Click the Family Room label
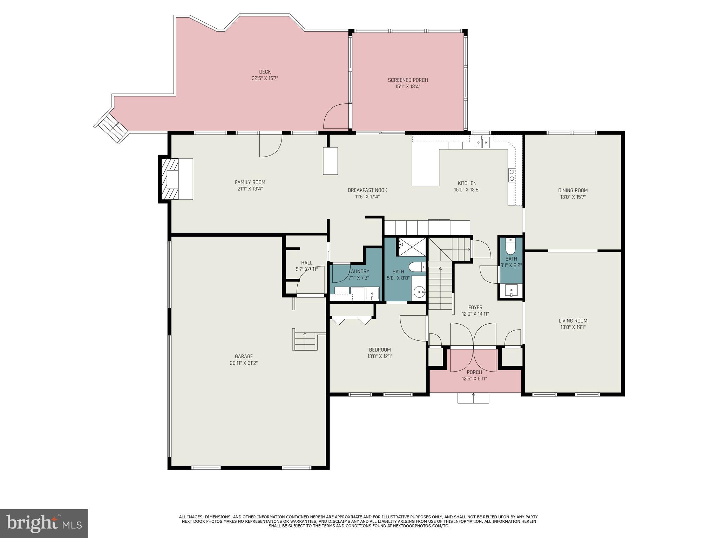coord(250,182)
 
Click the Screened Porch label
coord(408,80)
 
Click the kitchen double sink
coord(482,143)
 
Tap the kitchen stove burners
coord(512,175)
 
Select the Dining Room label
coord(573,191)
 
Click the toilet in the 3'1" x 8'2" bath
coord(511,247)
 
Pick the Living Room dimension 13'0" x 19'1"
coord(573,327)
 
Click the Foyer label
coord(475,308)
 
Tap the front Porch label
coord(474,372)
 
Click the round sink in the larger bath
coord(419,291)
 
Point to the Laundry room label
coord(359,271)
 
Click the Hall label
coord(306,263)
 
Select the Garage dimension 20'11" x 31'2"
coord(244,363)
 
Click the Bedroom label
coord(380,350)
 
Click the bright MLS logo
coord(44,523)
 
